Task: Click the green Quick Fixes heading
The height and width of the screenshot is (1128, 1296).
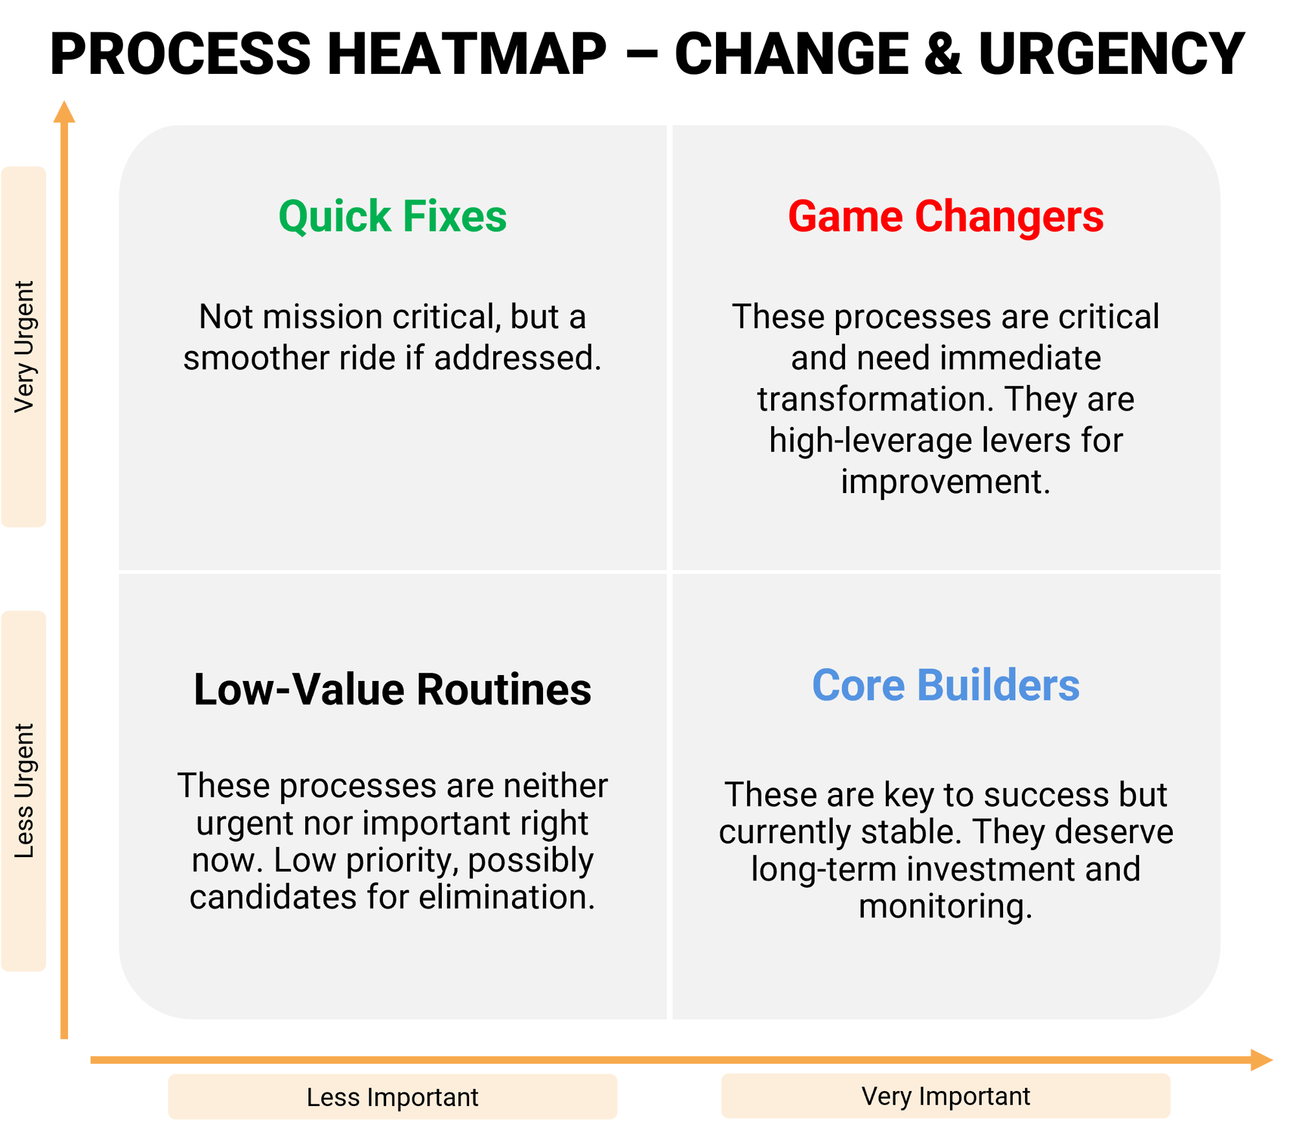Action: tap(392, 216)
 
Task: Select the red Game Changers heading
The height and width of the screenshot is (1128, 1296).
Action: tap(945, 216)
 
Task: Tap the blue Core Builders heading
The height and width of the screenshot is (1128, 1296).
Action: tap(945, 685)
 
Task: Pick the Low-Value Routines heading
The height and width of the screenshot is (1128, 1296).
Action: tap(392, 689)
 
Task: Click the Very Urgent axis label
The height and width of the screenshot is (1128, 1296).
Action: tap(24, 347)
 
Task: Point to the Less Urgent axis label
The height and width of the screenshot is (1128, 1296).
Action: tap(24, 791)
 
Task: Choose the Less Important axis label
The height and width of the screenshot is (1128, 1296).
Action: tap(392, 1097)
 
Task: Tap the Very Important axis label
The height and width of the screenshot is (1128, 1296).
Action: tap(945, 1096)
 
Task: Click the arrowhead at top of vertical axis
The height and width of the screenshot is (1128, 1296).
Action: tap(64, 111)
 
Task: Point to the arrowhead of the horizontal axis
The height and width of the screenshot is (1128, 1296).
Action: tap(1261, 1060)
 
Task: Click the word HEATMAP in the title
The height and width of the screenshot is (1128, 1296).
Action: tap(467, 54)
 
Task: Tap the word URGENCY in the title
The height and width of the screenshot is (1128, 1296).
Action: tap(1111, 54)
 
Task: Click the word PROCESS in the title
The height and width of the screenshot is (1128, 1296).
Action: tap(181, 54)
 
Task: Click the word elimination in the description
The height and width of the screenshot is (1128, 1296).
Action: tap(507, 897)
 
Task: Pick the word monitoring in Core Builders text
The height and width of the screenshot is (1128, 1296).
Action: tap(945, 906)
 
